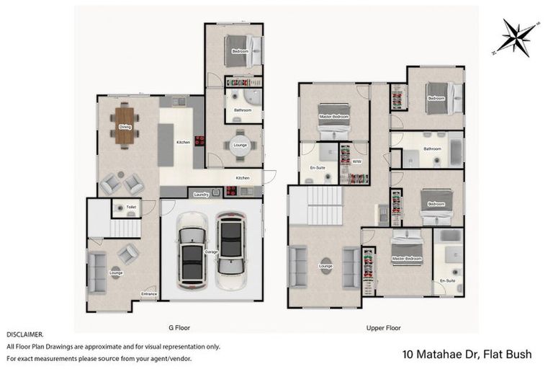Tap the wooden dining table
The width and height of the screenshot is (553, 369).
tap(125, 127)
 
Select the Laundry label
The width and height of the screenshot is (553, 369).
tap(202, 194)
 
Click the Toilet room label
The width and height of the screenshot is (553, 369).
tap(130, 207)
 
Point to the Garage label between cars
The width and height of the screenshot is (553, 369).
tap(212, 252)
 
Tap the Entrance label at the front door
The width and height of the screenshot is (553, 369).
tap(148, 294)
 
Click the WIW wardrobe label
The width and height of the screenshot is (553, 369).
tap(356, 161)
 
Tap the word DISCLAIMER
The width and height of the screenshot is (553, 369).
tap(25, 335)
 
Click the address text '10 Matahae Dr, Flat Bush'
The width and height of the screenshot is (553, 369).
tap(467, 354)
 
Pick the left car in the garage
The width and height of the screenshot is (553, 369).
tap(192, 253)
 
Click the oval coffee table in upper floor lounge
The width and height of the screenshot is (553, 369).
tap(325, 264)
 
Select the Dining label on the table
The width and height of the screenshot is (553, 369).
tap(125, 127)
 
